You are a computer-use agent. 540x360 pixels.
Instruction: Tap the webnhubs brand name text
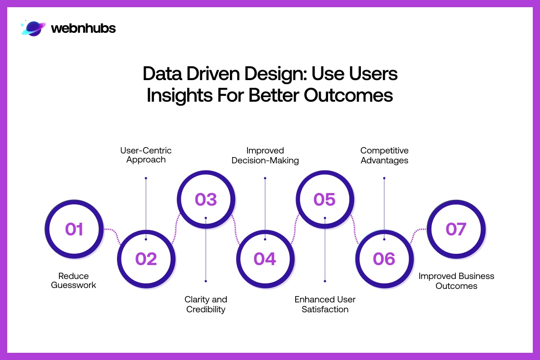coord(83,28)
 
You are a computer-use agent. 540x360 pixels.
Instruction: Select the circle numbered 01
coord(74,229)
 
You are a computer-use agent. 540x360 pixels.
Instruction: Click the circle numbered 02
coord(146,259)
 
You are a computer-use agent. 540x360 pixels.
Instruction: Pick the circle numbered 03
coord(206,199)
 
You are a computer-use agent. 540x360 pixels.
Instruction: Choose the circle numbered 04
coord(265,259)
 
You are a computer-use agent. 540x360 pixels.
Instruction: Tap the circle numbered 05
coord(324,199)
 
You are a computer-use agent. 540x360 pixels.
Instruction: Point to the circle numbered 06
coord(384,259)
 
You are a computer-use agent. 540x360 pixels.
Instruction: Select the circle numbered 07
coord(455,229)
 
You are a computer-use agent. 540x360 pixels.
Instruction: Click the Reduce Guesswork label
coord(74,280)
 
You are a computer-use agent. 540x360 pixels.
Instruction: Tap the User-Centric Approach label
coord(146,155)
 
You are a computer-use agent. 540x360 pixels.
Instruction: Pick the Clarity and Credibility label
coord(206,304)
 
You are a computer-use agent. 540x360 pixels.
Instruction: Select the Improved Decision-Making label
coord(265,155)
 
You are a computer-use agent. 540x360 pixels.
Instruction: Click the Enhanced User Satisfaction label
coord(325,304)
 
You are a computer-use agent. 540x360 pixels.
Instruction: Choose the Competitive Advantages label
coord(384,155)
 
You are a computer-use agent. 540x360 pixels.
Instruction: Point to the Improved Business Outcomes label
coord(456,280)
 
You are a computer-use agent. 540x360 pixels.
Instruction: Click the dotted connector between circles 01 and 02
coord(112,234)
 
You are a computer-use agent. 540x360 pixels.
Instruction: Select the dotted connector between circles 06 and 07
coord(418,233)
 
